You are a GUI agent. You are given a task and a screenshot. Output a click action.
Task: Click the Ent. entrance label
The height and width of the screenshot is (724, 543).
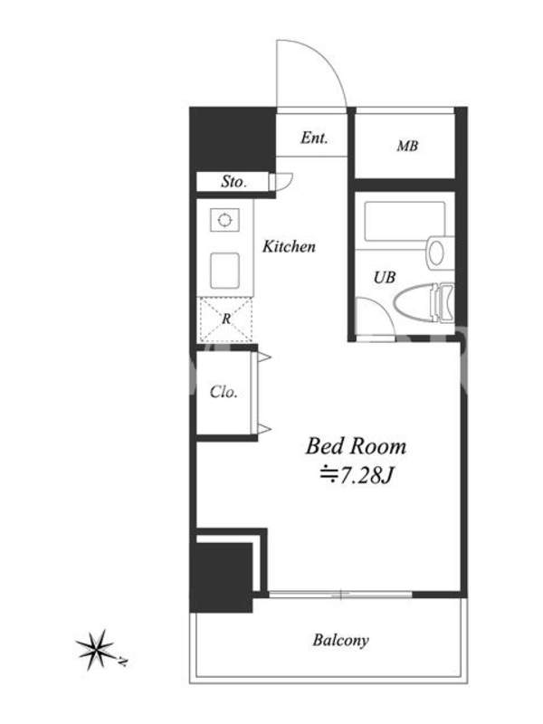pos(314,138)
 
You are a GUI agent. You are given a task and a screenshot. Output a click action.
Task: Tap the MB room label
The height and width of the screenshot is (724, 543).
pos(407,147)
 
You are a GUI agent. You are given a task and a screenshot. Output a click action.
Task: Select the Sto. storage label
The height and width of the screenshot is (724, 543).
pos(233,182)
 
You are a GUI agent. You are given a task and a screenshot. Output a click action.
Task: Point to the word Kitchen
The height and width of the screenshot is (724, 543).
pos(289,246)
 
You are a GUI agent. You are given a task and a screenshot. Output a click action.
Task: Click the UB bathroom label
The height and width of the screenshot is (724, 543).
pos(385,278)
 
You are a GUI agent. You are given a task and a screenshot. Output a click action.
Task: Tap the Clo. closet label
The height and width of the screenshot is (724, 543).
pos(224,392)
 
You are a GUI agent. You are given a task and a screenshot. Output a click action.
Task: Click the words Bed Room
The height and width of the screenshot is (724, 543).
pos(356,446)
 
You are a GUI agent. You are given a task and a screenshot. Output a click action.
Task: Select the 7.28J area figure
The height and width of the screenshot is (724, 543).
pos(367,476)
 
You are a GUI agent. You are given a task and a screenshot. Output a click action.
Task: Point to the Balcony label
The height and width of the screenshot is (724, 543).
pos(341,641)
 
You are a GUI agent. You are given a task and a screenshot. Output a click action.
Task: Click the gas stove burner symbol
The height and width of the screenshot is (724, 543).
pos(224,220)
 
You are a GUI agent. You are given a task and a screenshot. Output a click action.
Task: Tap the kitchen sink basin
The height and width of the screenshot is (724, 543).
pos(224,271)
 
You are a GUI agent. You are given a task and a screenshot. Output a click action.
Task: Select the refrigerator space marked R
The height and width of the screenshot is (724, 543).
pos(225,319)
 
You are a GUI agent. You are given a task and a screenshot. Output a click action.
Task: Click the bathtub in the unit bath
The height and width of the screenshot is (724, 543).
pos(405,221)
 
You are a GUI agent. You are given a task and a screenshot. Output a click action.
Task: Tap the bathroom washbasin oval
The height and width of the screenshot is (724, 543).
pos(436,252)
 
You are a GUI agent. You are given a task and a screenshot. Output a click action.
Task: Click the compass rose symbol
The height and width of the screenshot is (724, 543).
pos(96,649)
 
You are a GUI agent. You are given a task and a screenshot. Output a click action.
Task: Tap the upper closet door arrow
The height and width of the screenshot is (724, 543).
pos(264,357)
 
